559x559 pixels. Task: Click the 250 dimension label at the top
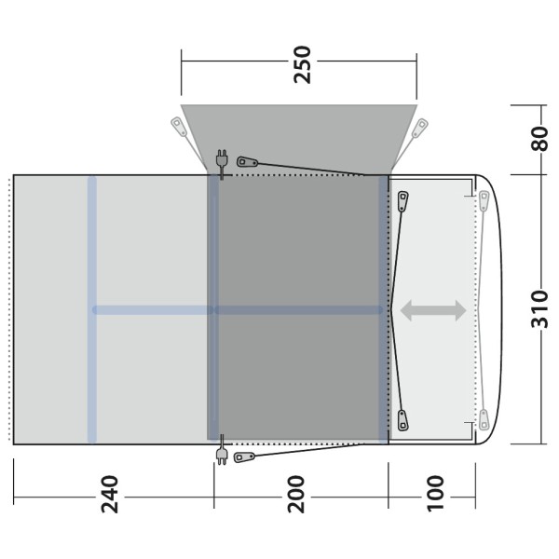(x=302, y=64)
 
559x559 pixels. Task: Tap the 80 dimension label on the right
(x=539, y=139)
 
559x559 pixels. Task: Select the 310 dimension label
(x=539, y=309)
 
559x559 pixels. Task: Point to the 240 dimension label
(x=109, y=494)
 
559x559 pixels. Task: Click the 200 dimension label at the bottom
(x=296, y=494)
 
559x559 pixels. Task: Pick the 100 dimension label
(x=436, y=494)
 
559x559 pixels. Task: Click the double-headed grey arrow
(x=433, y=310)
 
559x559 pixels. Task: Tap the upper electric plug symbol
(x=222, y=164)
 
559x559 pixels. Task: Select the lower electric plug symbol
(x=222, y=450)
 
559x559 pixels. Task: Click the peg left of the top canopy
(x=178, y=126)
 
